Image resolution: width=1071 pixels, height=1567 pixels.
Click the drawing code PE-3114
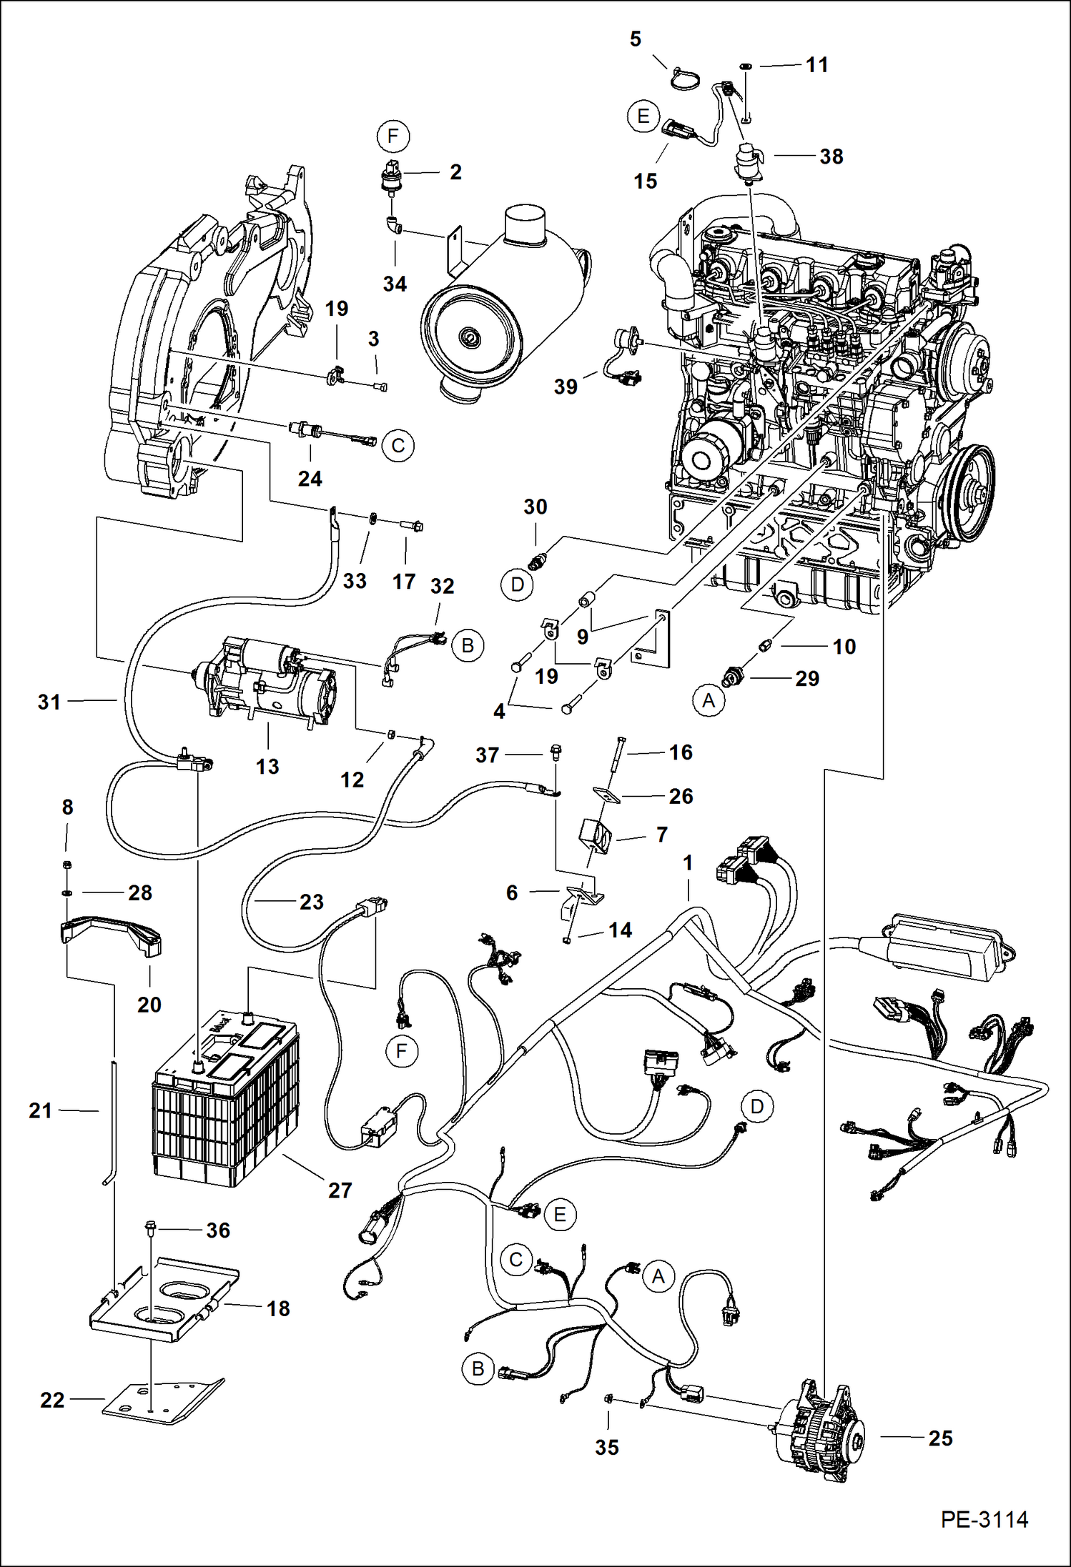(984, 1520)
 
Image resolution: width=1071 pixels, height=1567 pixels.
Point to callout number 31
(49, 702)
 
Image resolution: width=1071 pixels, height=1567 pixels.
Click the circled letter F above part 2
(393, 136)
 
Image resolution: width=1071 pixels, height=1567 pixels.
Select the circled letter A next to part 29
(708, 700)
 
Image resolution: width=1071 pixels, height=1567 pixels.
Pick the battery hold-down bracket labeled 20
(111, 937)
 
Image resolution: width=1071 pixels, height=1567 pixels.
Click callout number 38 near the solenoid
(831, 156)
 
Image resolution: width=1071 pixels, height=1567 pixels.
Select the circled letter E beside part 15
(643, 116)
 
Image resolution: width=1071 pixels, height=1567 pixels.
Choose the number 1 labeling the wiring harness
(688, 862)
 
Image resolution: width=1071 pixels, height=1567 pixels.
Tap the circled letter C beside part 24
(398, 446)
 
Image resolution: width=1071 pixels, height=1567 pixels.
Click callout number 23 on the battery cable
(311, 902)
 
